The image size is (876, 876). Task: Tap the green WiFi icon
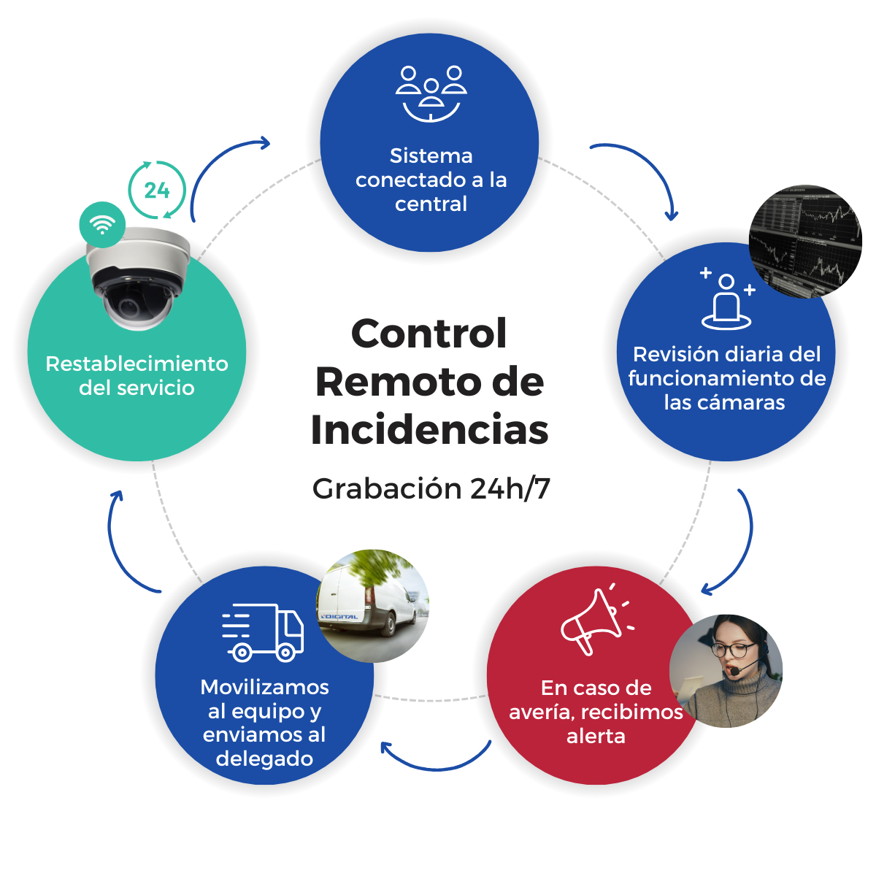[x=102, y=225]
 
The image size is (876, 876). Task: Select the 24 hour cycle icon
[x=157, y=191]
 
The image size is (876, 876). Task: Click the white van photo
[x=372, y=605]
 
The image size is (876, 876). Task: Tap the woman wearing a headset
[x=726, y=670]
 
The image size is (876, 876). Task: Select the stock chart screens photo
[x=806, y=240]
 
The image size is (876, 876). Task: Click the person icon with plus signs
[x=726, y=300]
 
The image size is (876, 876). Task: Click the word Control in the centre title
[x=429, y=334]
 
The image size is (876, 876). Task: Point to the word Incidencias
[x=429, y=430]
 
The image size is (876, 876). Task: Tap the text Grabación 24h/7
[x=431, y=488]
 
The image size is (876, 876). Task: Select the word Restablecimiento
[x=137, y=364]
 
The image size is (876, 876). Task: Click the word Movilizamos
[x=264, y=687]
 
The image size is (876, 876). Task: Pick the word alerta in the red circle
[x=596, y=736]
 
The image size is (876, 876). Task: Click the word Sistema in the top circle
[x=431, y=155]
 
